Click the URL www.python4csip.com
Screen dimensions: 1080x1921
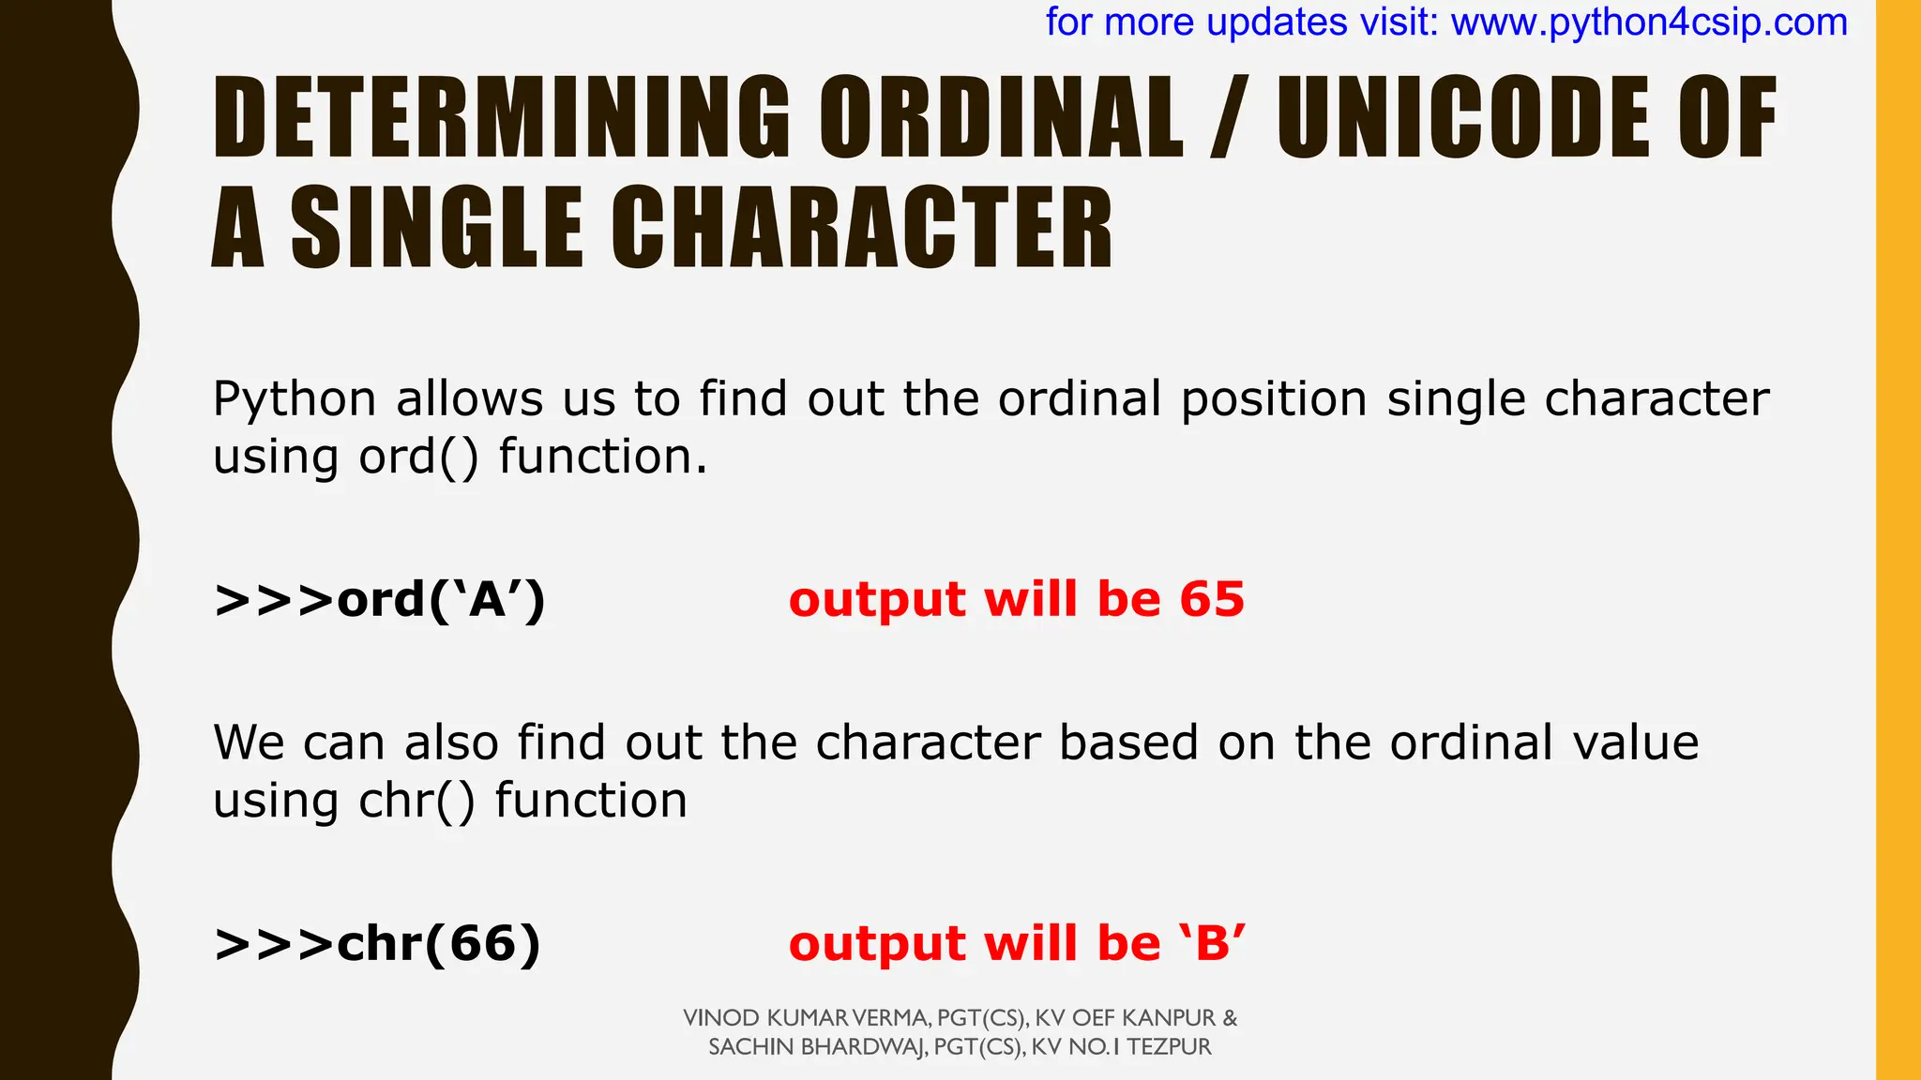pyautogui.click(x=1649, y=22)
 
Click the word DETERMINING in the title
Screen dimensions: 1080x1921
pyautogui.click(x=502, y=118)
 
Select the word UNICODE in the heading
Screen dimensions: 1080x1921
pyautogui.click(x=1464, y=118)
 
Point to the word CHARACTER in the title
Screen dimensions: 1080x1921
pyautogui.click(x=862, y=229)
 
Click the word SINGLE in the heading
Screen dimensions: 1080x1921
pyautogui.click(x=437, y=229)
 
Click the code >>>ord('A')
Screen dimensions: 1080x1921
pyautogui.click(x=380, y=600)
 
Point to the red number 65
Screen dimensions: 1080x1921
pyautogui.click(x=1212, y=600)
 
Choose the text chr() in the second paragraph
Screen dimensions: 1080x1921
pyautogui.click(x=416, y=802)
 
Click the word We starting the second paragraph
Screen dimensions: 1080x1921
pyautogui.click(x=249, y=743)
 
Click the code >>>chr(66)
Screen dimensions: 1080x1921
pyautogui.click(x=378, y=944)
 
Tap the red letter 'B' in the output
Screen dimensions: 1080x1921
pyautogui.click(x=1213, y=944)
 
